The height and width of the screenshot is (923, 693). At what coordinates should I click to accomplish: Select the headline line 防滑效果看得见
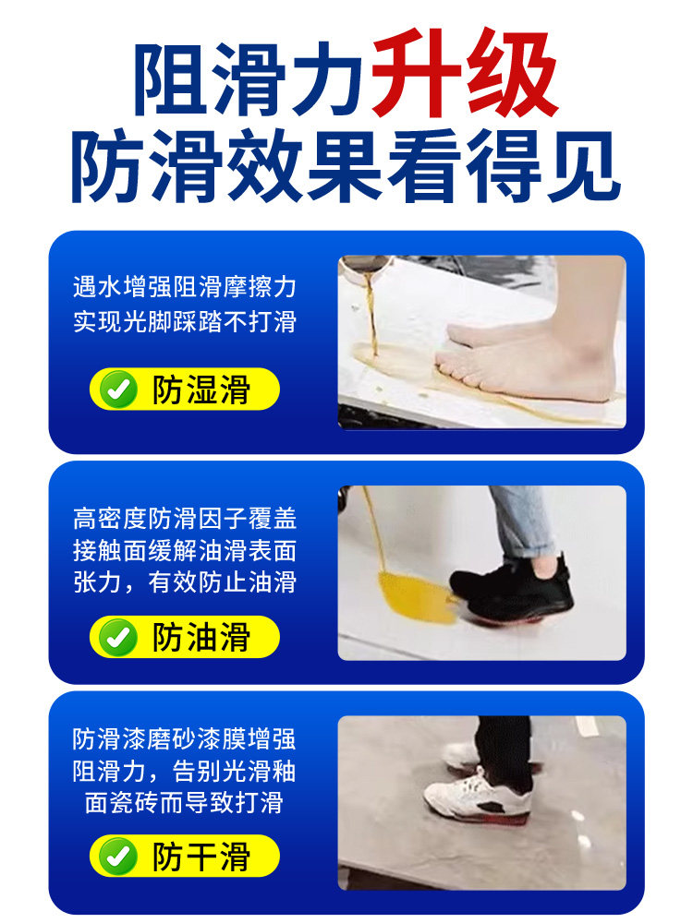click(346, 169)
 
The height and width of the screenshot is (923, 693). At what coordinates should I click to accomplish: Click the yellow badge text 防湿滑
click(201, 390)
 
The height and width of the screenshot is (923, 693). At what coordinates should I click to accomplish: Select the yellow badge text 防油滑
click(201, 637)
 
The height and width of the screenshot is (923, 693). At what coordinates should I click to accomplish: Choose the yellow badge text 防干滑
click(201, 857)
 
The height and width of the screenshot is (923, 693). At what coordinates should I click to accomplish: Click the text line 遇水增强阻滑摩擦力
click(185, 287)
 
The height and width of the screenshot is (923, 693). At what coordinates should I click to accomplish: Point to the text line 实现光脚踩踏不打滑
click(185, 324)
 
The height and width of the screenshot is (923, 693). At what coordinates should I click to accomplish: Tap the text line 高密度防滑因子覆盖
click(185, 519)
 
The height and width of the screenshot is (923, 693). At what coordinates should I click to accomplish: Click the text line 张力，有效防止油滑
click(185, 583)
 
